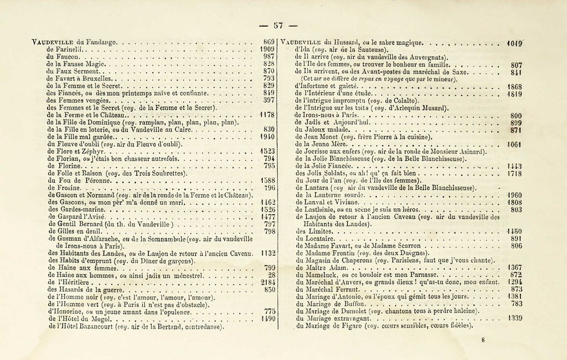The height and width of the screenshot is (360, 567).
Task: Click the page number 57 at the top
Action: (278, 25)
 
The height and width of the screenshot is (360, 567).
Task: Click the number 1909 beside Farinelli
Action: (268, 49)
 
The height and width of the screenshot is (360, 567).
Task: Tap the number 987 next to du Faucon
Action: (270, 56)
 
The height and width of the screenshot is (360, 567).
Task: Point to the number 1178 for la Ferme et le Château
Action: (268, 115)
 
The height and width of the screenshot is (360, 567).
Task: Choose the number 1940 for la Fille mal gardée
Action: (268, 136)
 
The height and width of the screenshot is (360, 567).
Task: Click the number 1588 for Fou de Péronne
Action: (268, 180)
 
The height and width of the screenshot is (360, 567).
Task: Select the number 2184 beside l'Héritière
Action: (268, 281)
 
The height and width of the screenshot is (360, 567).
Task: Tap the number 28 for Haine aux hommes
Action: (271, 274)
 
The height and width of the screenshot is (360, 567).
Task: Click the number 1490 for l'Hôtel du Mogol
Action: (268, 318)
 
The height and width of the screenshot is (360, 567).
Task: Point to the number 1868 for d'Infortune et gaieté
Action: (514, 86)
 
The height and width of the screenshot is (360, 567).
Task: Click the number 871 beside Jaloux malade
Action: (516, 130)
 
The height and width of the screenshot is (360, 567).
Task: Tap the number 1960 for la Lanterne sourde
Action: (514, 195)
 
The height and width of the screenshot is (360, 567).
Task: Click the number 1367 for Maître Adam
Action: (514, 267)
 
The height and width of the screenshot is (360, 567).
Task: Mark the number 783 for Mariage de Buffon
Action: (516, 304)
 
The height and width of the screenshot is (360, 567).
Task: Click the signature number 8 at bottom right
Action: (483, 340)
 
